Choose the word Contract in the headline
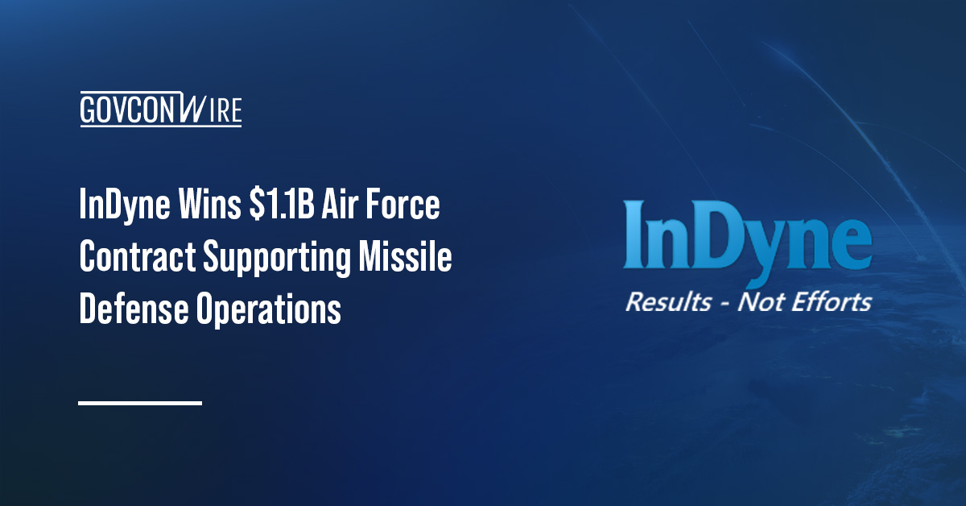coord(137,259)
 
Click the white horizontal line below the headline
coord(140,402)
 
